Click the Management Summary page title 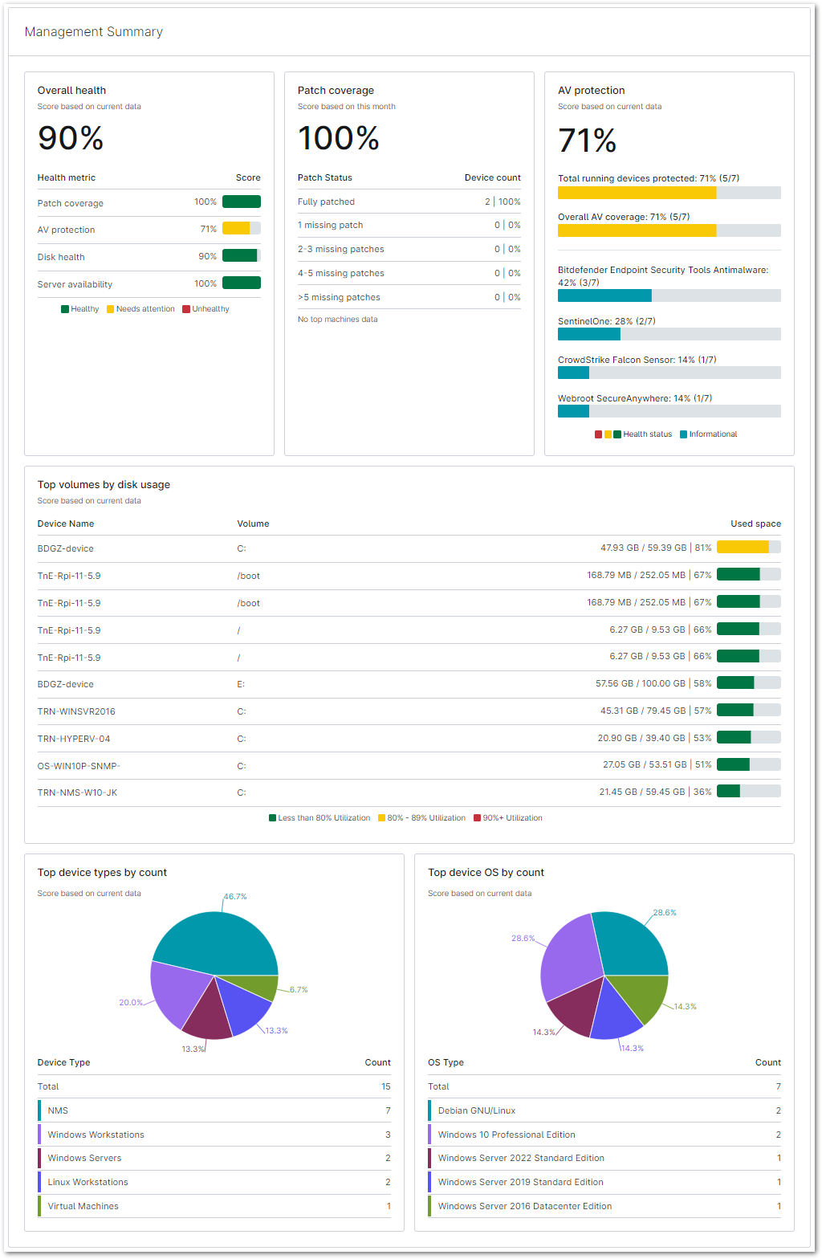(94, 32)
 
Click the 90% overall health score (71, 138)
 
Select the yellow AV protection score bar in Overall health (237, 229)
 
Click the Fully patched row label (326, 202)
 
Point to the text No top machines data (337, 320)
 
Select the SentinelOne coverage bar (589, 334)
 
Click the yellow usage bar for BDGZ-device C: (743, 548)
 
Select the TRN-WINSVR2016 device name (76, 711)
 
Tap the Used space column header (755, 524)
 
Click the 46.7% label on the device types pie (235, 896)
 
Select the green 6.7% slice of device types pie (262, 986)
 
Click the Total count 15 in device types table (385, 1086)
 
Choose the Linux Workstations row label (87, 1182)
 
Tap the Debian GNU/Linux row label (477, 1110)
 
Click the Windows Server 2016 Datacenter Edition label (525, 1206)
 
